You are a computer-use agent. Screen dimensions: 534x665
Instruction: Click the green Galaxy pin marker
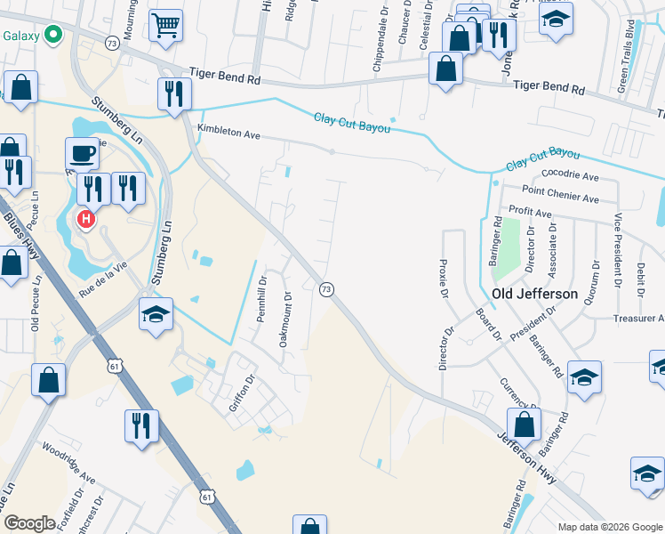click(52, 35)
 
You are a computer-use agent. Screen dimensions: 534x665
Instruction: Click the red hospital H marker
click(86, 219)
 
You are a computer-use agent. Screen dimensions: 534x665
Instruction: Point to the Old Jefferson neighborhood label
click(535, 293)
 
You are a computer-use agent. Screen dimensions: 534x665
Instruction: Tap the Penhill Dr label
click(262, 301)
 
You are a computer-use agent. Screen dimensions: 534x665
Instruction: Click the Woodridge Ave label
click(68, 466)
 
